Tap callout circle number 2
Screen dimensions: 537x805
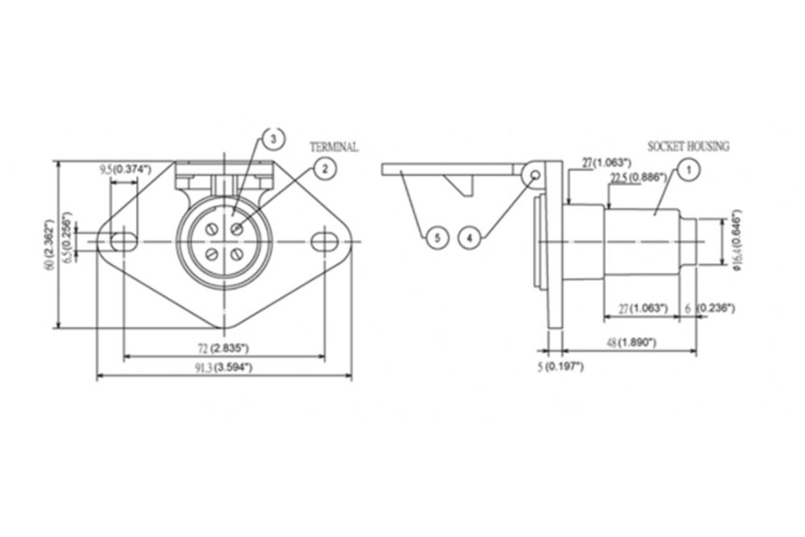coord(325,167)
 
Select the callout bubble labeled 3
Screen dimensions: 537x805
coord(274,138)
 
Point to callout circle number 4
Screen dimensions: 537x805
coord(471,237)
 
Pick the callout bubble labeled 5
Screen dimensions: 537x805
coord(436,237)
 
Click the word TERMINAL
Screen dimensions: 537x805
coord(334,147)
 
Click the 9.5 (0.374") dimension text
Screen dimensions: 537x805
coord(124,168)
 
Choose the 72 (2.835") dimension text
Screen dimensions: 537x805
coord(223,346)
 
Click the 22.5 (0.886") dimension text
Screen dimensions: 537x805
coord(638,178)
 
